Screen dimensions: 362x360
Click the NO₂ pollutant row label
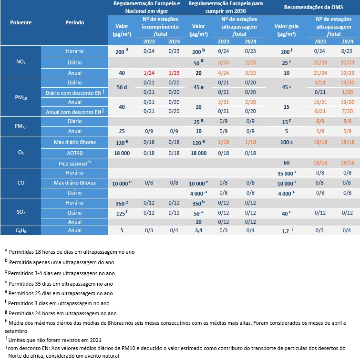(21, 62)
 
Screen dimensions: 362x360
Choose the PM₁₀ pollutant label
(21, 97)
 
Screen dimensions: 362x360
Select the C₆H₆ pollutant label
(21, 231)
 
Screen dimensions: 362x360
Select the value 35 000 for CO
(286, 174)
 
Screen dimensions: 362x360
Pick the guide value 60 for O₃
(287, 163)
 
